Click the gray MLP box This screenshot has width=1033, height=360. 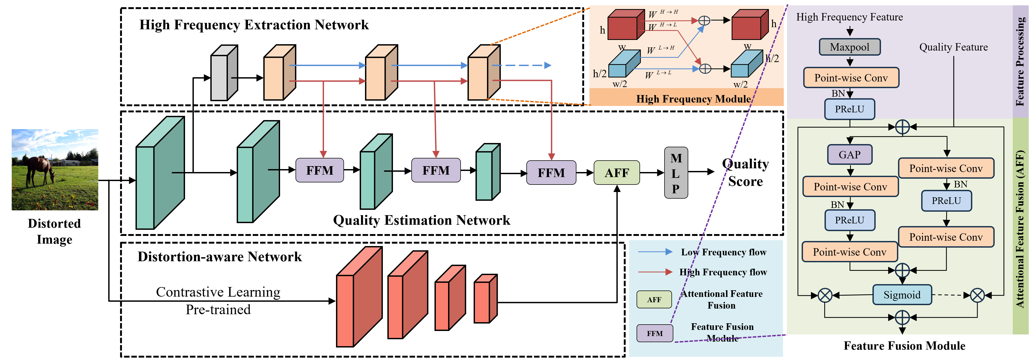coord(676,173)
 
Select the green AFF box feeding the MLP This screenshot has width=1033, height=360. coord(617,173)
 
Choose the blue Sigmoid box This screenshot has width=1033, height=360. coord(902,295)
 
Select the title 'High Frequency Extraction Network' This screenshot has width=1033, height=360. coord(254,25)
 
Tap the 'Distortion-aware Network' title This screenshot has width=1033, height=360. coord(219,257)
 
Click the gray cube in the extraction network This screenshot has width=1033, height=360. coord(224,73)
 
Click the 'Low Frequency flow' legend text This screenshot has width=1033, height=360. coord(723,252)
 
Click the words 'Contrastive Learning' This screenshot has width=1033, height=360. coord(218,292)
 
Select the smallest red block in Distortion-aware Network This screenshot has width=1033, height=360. coord(486,299)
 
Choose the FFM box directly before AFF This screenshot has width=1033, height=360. coord(551,173)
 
